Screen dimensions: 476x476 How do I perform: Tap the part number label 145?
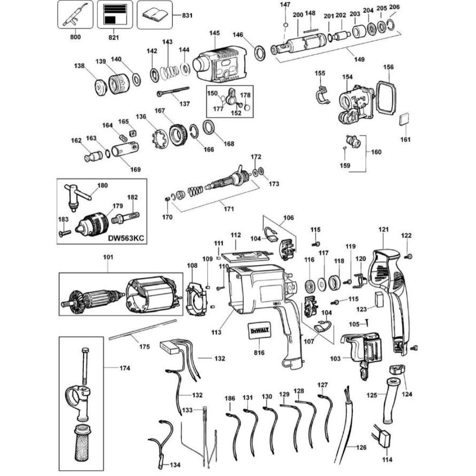pyautogui.click(x=214, y=33)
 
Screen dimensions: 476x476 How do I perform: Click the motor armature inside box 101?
pyautogui.click(x=90, y=297)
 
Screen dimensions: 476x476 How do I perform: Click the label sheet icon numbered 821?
pyautogui.click(x=114, y=14)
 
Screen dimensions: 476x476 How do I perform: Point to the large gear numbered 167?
pyautogui.click(x=178, y=135)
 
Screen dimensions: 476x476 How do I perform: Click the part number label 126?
pyautogui.click(x=361, y=447)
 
